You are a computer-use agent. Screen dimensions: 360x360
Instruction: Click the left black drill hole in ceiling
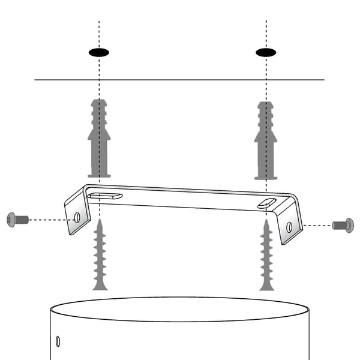99,52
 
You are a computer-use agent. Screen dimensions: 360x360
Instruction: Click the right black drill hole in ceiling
266,52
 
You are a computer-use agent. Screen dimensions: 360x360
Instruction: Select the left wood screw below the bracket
100,255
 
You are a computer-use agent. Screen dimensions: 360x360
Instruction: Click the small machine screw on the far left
17,220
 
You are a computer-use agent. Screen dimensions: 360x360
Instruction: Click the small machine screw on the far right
344,226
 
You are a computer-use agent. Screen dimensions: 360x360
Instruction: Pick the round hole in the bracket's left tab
77,218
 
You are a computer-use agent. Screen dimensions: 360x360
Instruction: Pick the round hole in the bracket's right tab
290,227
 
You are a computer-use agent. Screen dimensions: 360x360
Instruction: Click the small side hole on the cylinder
58,341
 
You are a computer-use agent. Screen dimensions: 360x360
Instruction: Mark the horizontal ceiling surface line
180,80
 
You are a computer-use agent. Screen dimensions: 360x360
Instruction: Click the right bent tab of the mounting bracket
290,223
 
